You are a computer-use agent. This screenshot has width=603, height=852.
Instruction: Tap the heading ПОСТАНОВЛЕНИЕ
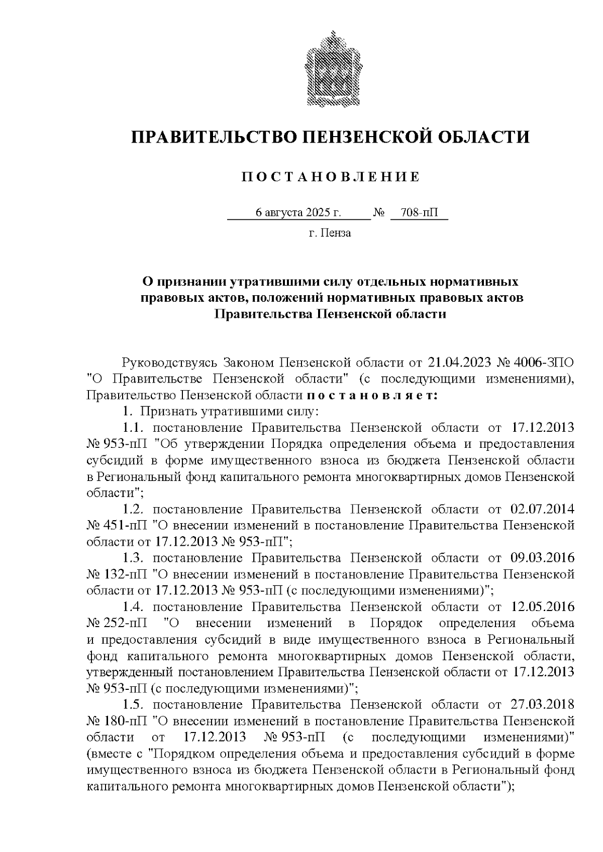[x=330, y=177]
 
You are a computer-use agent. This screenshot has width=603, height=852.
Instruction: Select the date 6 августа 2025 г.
[x=298, y=212]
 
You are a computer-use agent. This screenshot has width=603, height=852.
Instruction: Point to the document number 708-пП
[x=418, y=212]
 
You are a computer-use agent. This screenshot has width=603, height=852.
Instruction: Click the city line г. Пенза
[x=330, y=233]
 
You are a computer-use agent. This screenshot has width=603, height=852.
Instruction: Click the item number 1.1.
[x=134, y=428]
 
